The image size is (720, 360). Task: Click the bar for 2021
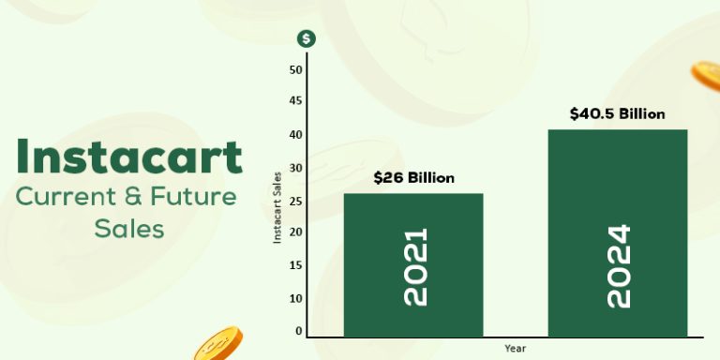[x=413, y=265]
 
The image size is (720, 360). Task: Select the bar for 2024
[x=617, y=232]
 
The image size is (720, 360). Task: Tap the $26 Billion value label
[x=413, y=177]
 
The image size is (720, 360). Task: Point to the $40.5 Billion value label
[x=617, y=114]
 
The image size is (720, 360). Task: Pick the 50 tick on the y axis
[x=296, y=69]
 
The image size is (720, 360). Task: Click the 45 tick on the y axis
[x=296, y=101]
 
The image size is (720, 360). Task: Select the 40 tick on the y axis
[x=296, y=134]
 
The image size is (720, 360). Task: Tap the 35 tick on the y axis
[x=296, y=167]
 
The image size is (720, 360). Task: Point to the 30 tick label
[x=296, y=200]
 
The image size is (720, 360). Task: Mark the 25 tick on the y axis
[x=296, y=232]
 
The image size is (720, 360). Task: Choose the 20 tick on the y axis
[x=296, y=265]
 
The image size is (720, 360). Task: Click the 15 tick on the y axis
[x=296, y=298]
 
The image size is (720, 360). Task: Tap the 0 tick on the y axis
[x=299, y=331]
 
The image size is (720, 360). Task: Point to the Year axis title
[x=515, y=347]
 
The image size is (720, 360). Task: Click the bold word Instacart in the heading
[x=129, y=157]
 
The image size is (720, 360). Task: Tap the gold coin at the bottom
[x=217, y=344]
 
